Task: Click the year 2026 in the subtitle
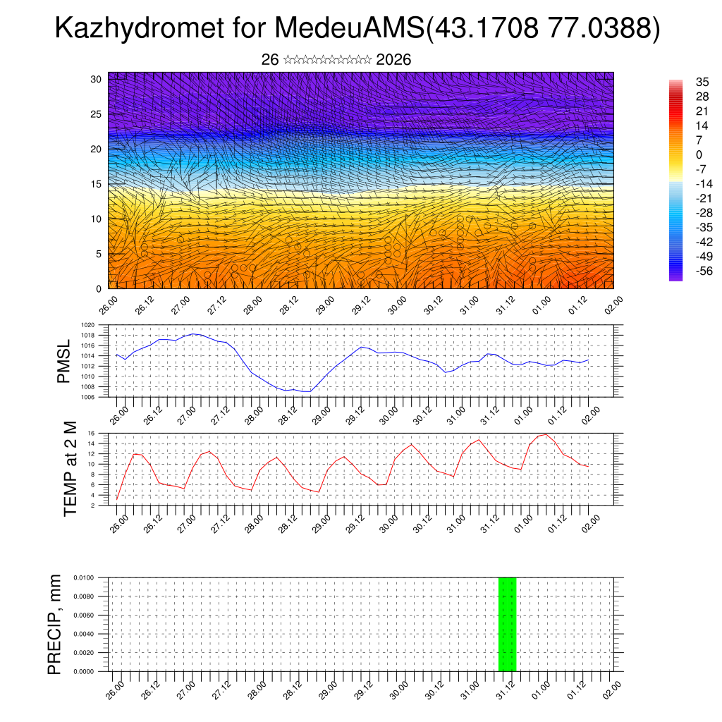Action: coord(393,60)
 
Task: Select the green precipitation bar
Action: coord(507,624)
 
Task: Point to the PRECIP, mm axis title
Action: coord(55,624)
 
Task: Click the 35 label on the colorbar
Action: coord(702,82)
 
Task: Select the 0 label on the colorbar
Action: coord(699,154)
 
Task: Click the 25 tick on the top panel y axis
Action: coord(97,114)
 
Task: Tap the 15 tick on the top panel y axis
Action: coord(97,184)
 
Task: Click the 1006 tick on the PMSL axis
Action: coord(88,397)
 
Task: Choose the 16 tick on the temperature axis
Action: coord(92,433)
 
